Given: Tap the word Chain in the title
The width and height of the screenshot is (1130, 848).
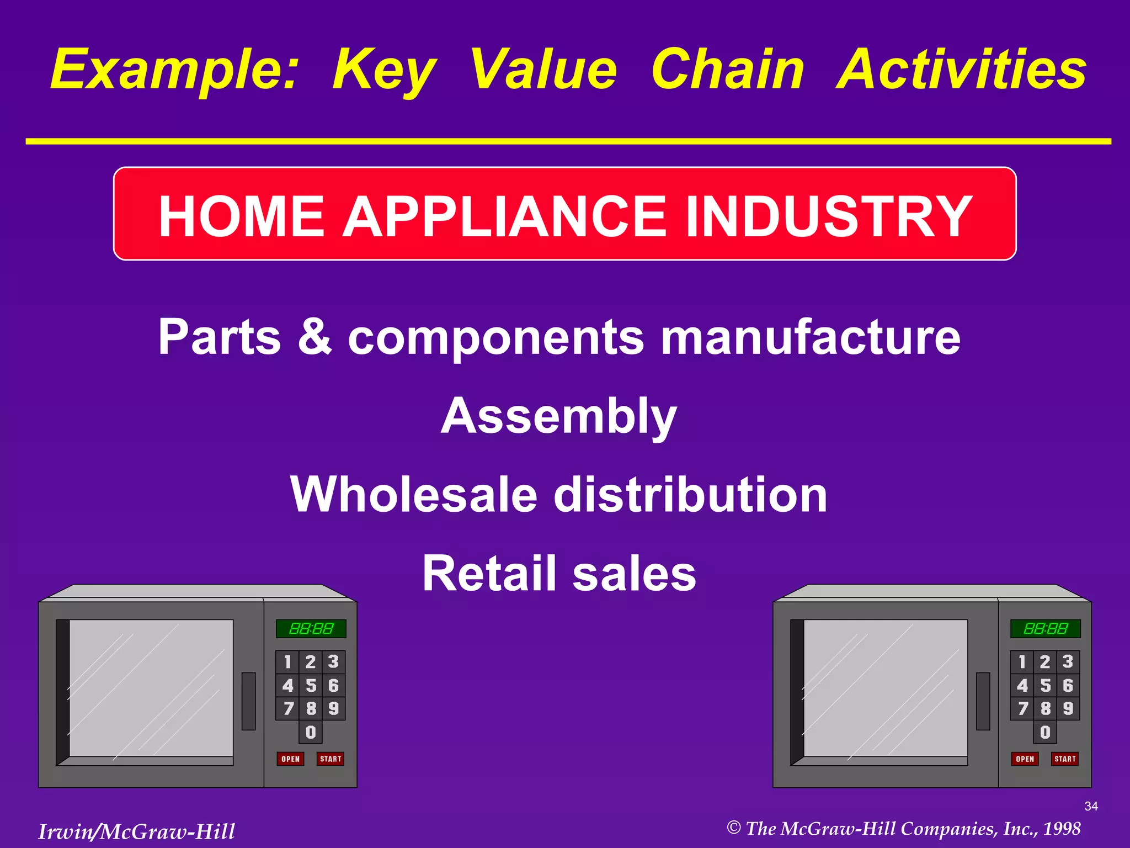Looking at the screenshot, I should click(727, 70).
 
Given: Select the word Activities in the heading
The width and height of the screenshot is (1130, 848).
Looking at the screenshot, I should click(961, 70).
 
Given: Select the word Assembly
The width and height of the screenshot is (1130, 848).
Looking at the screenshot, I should click(558, 416).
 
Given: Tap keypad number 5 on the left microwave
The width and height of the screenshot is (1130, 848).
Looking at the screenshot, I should click(311, 685).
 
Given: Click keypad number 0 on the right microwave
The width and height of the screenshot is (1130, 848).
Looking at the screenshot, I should click(1045, 732).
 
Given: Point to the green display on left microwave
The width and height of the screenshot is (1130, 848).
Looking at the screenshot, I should click(311, 629).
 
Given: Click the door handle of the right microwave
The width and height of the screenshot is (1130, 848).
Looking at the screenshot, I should click(983, 701).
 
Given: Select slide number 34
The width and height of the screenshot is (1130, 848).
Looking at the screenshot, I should click(1091, 806).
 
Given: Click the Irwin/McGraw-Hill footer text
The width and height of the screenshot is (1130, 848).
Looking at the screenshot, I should click(136, 831).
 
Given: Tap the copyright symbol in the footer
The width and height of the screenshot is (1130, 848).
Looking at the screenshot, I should click(733, 828).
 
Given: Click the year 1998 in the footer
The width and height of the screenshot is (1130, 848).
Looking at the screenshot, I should click(1062, 829).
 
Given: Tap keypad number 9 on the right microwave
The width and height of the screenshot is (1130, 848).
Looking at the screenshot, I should click(1068, 708).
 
